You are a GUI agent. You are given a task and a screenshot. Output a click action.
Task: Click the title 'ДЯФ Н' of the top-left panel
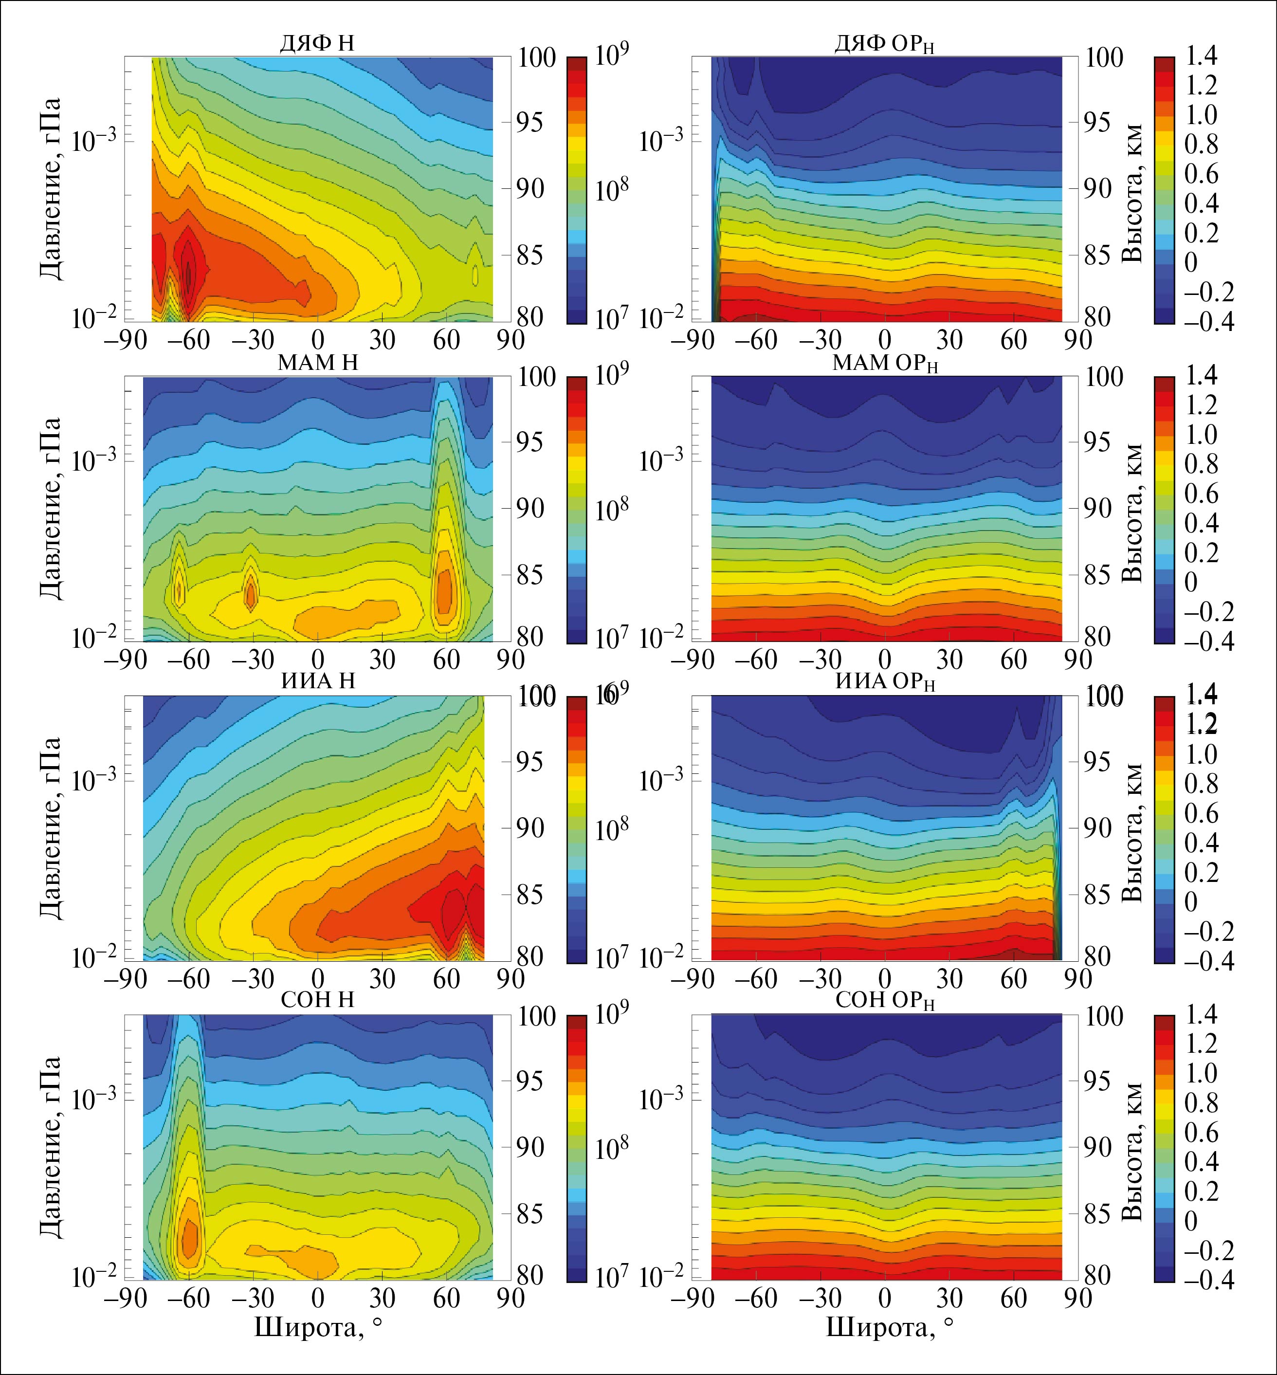pos(317,43)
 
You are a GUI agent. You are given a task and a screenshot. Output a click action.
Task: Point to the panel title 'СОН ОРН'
pos(885,1001)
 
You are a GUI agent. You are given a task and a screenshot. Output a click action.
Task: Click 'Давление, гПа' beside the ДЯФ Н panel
pos(50,188)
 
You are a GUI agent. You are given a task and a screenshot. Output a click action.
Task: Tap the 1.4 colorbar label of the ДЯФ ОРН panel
pos(1202,56)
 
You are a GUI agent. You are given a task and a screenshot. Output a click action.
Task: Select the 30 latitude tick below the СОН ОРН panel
pos(949,1298)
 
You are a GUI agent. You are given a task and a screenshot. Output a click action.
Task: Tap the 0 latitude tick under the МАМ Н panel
pos(318,659)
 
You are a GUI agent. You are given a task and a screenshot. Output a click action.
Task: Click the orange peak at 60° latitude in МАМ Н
pos(446,587)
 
